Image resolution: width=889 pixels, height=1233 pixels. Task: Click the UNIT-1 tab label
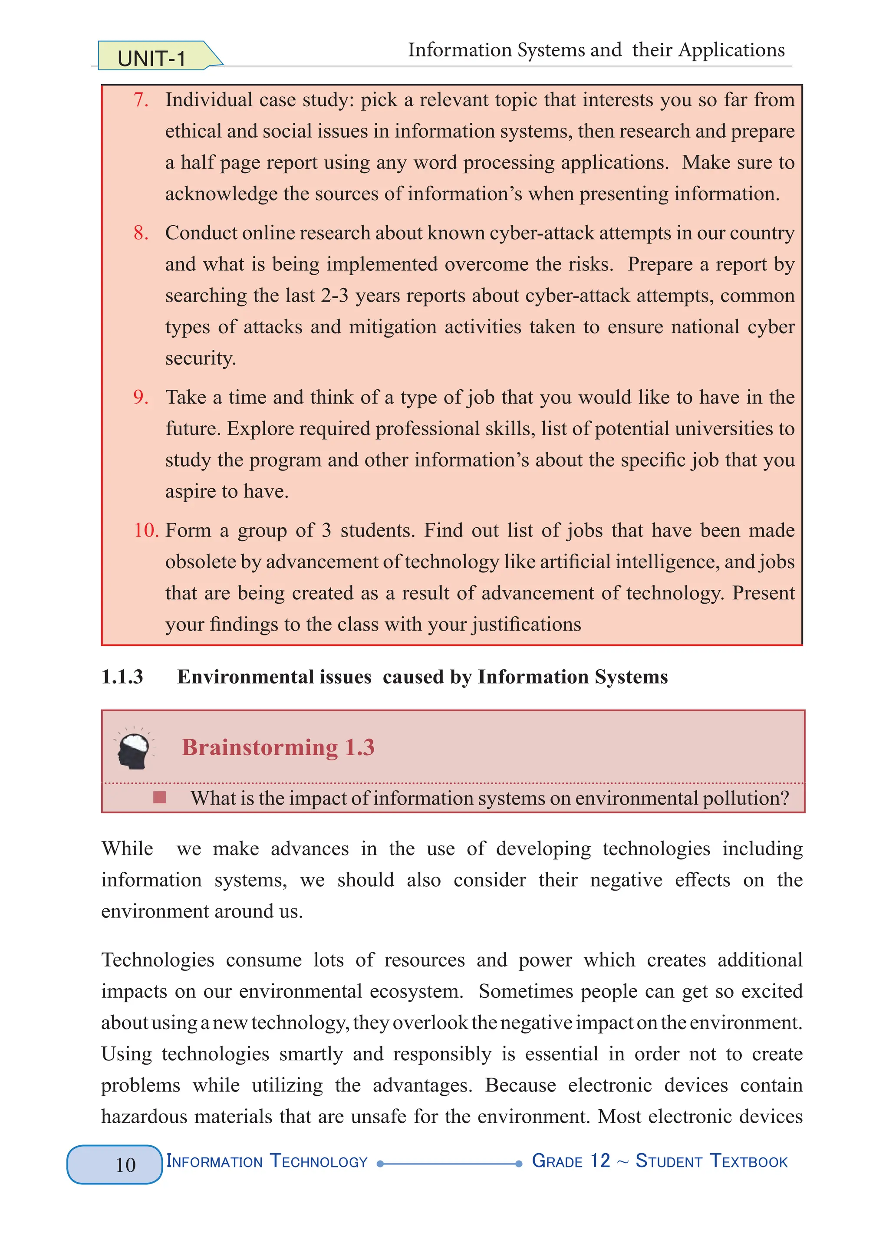point(151,58)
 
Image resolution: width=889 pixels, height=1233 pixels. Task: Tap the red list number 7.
point(140,100)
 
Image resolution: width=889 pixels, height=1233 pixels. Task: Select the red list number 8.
point(140,233)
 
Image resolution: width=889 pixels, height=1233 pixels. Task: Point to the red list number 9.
point(140,398)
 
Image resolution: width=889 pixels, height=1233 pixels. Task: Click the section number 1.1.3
point(122,677)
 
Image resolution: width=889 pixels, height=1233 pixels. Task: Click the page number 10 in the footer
point(125,1164)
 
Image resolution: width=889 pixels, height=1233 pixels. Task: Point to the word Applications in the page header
point(731,50)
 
